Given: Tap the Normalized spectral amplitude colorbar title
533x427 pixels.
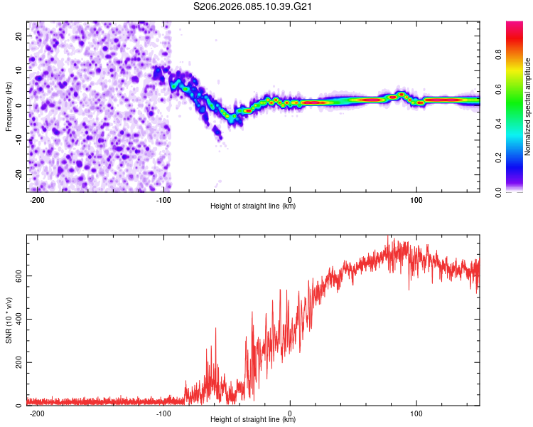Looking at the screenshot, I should (528, 107).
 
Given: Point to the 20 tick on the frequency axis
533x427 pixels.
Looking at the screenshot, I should (19, 36).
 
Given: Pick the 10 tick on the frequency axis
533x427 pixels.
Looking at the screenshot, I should (19, 70).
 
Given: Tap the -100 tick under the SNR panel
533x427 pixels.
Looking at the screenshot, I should (164, 413).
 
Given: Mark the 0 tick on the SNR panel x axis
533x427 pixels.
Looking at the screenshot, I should (290, 413).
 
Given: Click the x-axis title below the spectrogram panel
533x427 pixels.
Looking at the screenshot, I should (253, 206).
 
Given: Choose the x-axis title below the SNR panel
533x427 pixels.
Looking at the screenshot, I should (253, 420).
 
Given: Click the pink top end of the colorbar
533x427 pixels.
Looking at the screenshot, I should (515, 24).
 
